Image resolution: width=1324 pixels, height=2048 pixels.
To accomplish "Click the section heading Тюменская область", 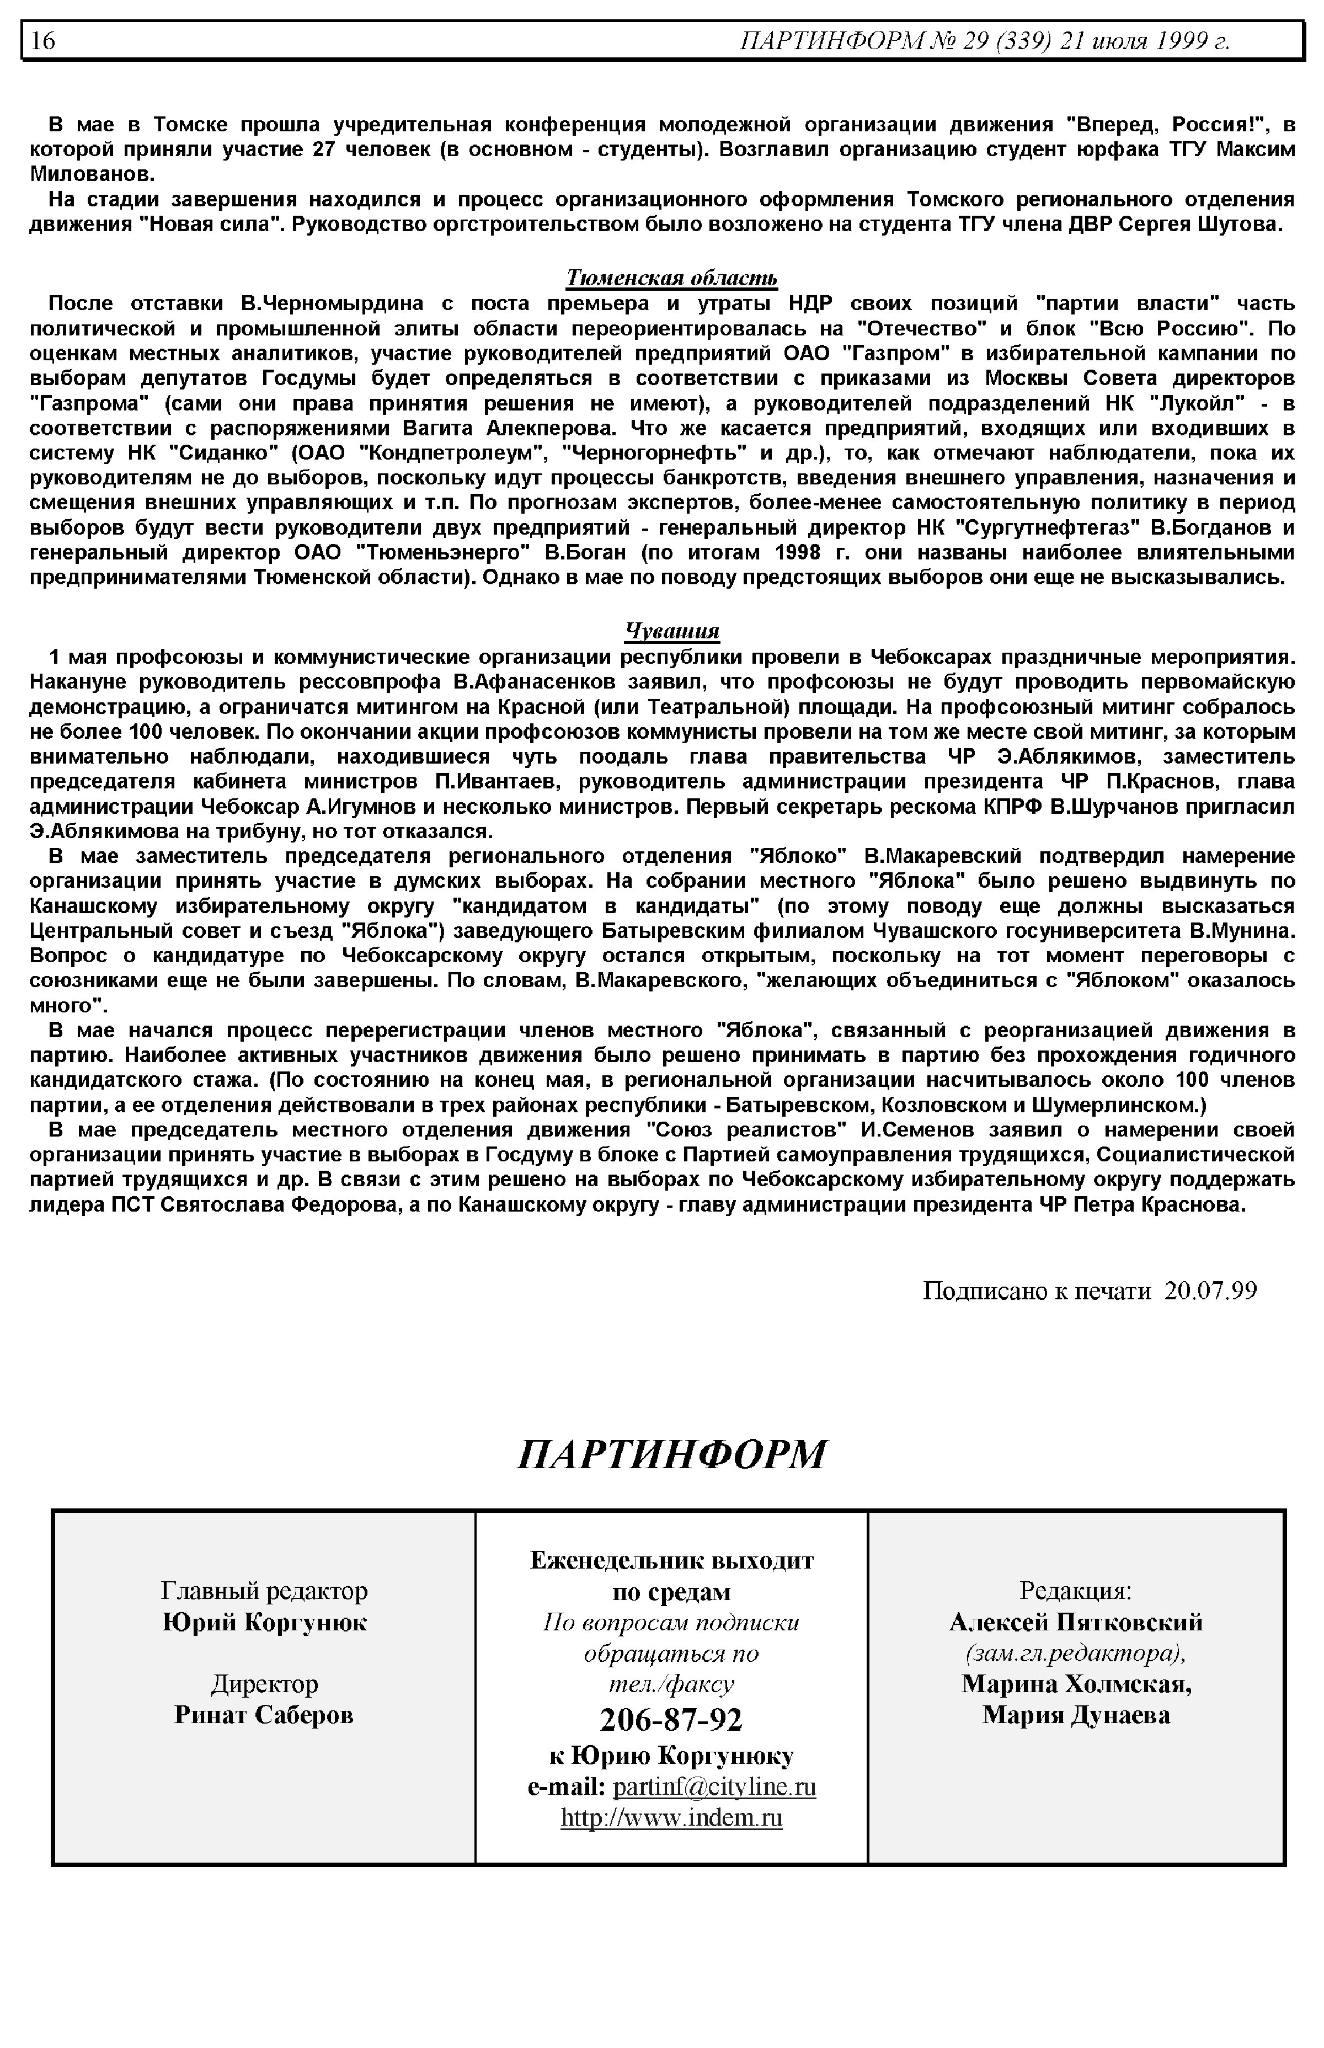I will (x=671, y=278).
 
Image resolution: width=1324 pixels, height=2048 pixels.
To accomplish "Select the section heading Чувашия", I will (x=671, y=632).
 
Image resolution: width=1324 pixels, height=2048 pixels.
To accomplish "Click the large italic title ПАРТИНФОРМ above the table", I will (x=671, y=1454).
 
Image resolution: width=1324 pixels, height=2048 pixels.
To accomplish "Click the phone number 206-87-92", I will (x=671, y=1720).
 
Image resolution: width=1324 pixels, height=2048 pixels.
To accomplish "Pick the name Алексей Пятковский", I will (x=1076, y=1623).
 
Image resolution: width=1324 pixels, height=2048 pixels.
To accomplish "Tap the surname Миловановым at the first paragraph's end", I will (x=92, y=174).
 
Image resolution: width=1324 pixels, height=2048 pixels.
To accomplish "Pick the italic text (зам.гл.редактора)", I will (x=1076, y=1654).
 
